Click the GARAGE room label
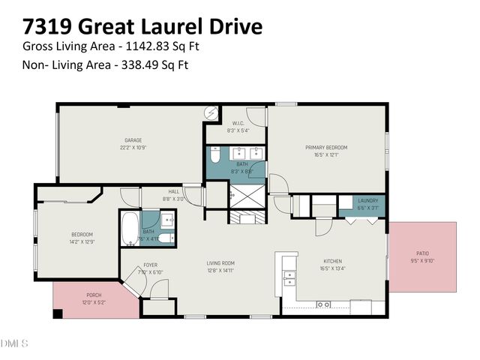pos(133,140)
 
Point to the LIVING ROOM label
pos(221,263)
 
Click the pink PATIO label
pos(424,255)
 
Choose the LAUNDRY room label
pos(367,200)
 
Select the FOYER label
pos(151,265)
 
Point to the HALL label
pos(174,192)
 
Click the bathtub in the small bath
pos(130,228)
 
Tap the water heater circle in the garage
pos(212,112)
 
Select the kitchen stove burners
pos(324,304)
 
